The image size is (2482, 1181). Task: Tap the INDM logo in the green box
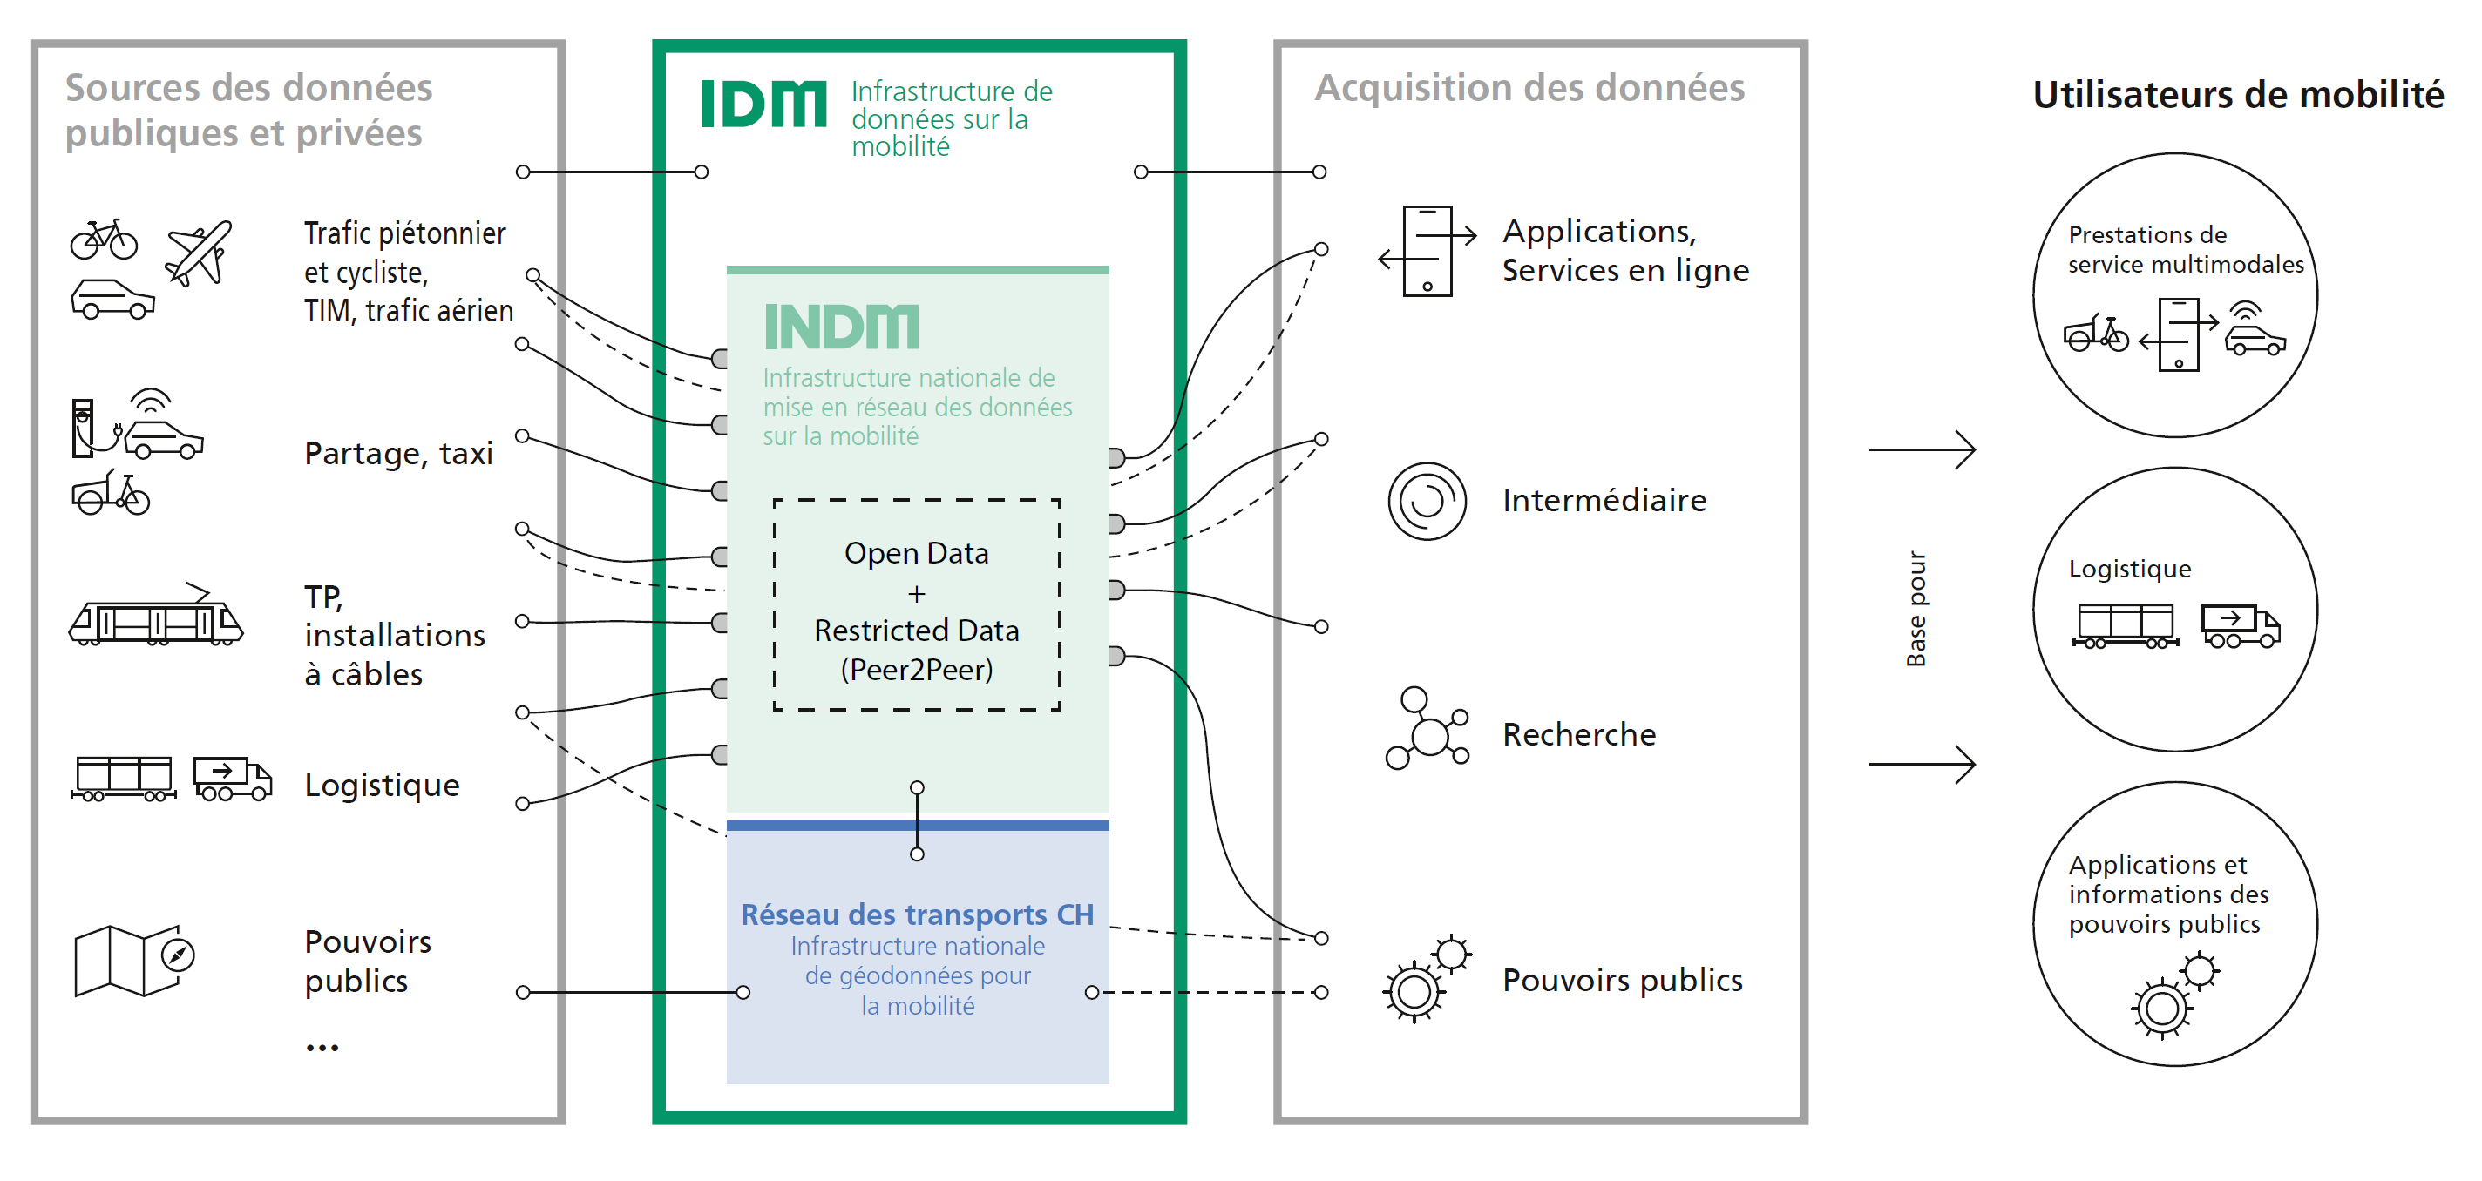(x=841, y=327)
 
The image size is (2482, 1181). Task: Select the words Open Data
(x=916, y=553)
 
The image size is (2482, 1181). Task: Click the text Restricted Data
(x=916, y=630)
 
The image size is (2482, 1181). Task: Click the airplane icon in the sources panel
(x=199, y=253)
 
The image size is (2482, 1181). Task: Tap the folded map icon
(x=135, y=961)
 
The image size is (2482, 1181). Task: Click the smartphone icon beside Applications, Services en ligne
(x=1427, y=251)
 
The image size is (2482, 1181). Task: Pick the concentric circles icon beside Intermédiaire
(x=1427, y=501)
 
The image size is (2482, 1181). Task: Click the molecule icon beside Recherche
(x=1427, y=728)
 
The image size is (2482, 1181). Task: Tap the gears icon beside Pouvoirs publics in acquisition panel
(x=1427, y=979)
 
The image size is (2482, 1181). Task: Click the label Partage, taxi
(x=398, y=453)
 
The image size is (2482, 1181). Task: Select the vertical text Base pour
(x=1916, y=609)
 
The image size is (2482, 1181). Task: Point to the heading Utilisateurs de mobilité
(x=2237, y=94)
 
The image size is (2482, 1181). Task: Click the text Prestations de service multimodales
(x=2185, y=249)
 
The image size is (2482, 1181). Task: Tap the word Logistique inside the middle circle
(x=2129, y=570)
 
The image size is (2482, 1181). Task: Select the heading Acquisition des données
(x=1530, y=88)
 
